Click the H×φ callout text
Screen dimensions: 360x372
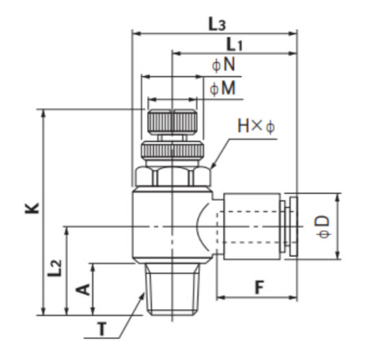click(255, 125)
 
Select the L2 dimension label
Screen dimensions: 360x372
click(54, 270)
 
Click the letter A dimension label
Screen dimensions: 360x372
click(84, 289)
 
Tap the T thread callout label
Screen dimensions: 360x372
click(103, 331)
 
